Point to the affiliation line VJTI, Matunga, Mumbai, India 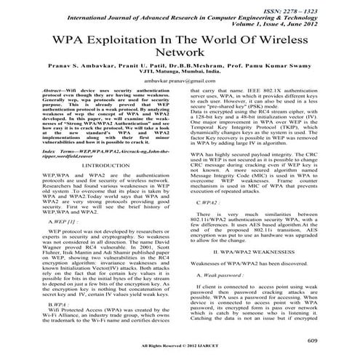point(179,83)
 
